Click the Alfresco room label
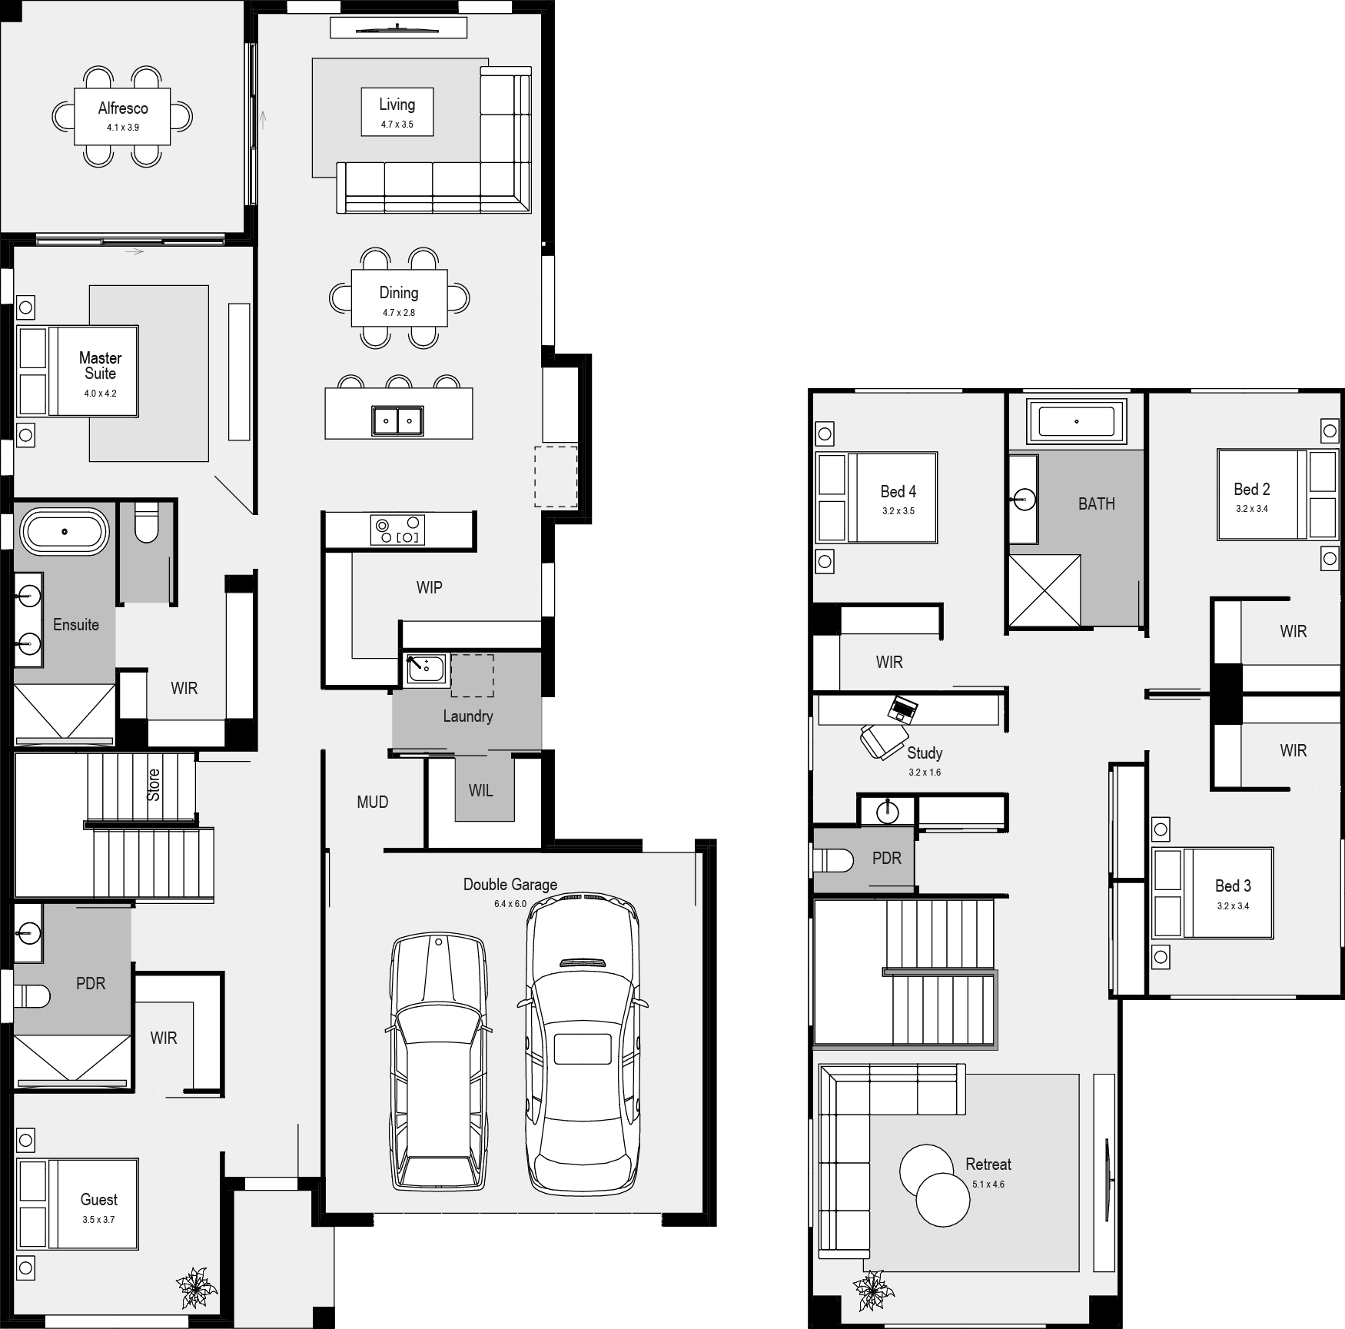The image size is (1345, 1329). click(x=123, y=108)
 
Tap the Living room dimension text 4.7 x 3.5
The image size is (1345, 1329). click(x=397, y=125)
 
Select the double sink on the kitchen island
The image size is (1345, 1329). click(x=397, y=420)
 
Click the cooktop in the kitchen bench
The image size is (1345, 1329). click(x=397, y=530)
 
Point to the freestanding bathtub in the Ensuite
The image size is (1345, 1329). click(x=65, y=530)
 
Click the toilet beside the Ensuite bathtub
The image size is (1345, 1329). click(x=145, y=522)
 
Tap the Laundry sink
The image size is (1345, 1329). click(x=425, y=669)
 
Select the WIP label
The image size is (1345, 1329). click(x=429, y=588)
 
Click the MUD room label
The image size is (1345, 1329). click(x=373, y=802)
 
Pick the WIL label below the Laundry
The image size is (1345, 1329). click(x=481, y=791)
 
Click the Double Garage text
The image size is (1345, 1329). click(x=510, y=885)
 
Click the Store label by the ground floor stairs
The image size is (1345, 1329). click(x=154, y=785)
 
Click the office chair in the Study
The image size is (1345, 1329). click(x=882, y=741)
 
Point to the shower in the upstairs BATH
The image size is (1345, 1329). click(x=1044, y=590)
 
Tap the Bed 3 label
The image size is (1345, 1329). click(x=1233, y=886)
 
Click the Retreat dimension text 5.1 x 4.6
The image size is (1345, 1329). click(x=988, y=1184)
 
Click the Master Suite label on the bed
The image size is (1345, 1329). click(x=101, y=366)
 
